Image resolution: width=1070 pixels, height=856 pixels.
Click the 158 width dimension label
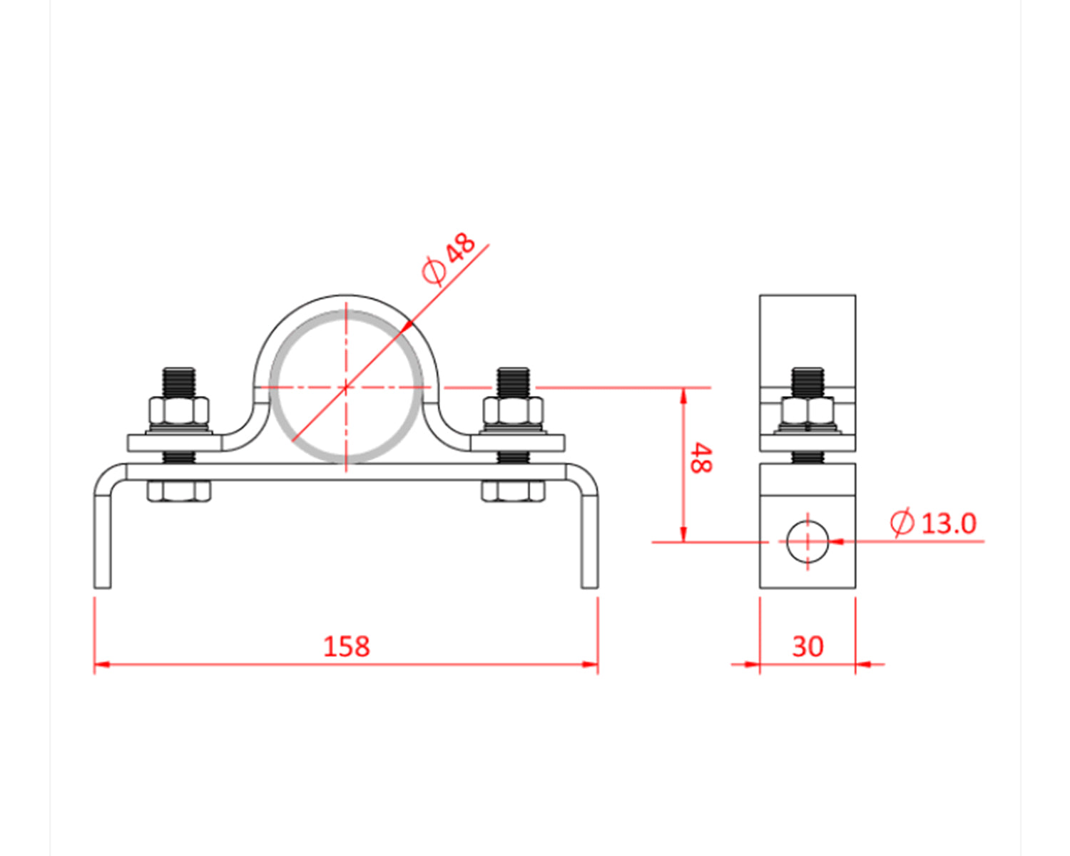[347, 646]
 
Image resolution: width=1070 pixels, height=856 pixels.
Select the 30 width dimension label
[807, 646]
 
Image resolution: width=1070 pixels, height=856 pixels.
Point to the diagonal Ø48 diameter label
[449, 258]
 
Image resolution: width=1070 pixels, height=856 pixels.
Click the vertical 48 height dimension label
[700, 458]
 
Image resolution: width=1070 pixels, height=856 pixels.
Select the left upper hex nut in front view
[179, 412]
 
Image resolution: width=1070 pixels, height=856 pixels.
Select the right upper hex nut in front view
[513, 412]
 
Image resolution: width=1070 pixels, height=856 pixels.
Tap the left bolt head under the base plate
[179, 491]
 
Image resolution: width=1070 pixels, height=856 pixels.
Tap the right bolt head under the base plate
[513, 491]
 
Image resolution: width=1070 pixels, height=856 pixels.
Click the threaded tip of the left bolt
[179, 382]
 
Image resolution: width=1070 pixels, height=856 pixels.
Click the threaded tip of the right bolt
[513, 382]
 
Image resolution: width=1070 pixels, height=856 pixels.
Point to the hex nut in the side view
[807, 412]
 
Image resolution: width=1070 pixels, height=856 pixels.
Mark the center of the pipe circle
[346, 387]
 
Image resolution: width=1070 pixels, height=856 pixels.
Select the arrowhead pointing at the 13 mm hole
[837, 541]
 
